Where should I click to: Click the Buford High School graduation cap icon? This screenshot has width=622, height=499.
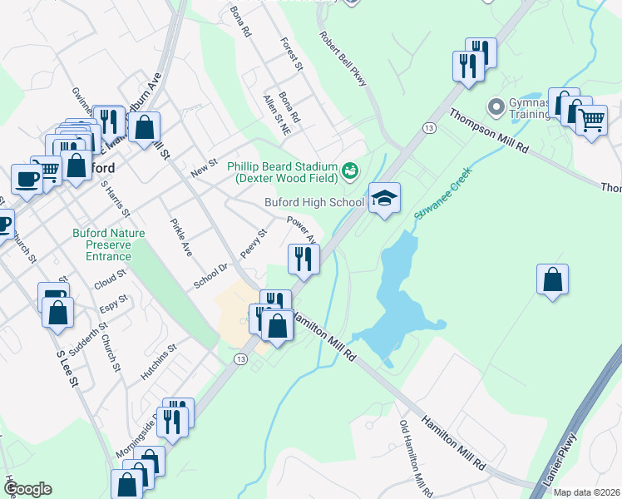(x=384, y=199)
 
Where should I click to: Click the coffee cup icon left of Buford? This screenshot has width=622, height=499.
(x=27, y=178)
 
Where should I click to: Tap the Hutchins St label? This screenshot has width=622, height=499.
(x=159, y=363)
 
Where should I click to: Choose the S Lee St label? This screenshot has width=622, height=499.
(x=67, y=368)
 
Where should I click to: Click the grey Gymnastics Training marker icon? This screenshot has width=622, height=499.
(x=496, y=106)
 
